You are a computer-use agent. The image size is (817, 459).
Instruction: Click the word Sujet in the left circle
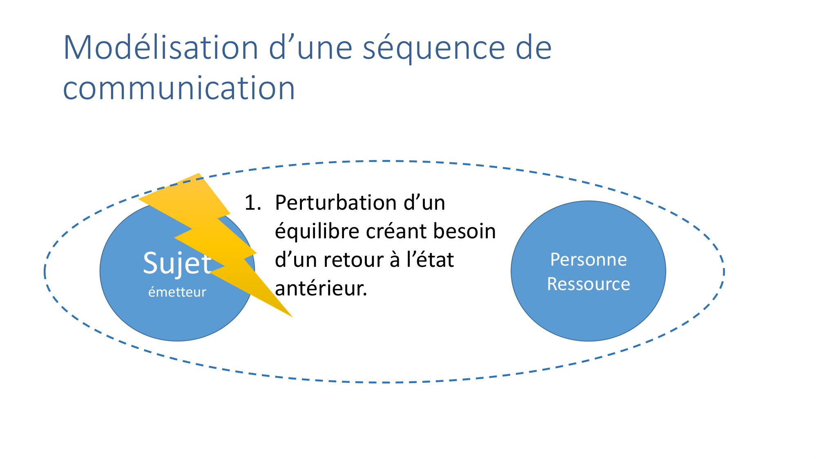pos(177,263)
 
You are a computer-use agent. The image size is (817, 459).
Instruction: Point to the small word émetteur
pos(177,292)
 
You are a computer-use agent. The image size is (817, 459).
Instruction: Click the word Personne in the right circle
pos(589,259)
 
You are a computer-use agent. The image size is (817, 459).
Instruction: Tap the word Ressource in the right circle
pos(589,284)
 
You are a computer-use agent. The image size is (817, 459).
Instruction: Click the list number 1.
pos(252,203)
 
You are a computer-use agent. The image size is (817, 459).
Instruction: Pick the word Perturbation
pos(339,203)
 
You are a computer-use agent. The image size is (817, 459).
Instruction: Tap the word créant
pos(397,231)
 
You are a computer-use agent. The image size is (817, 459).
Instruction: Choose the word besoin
pos(465,231)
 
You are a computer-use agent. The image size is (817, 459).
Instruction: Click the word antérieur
pos(321,288)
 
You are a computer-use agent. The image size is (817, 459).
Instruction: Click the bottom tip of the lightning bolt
pos(292,317)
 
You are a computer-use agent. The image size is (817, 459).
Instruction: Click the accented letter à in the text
pos(395,259)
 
